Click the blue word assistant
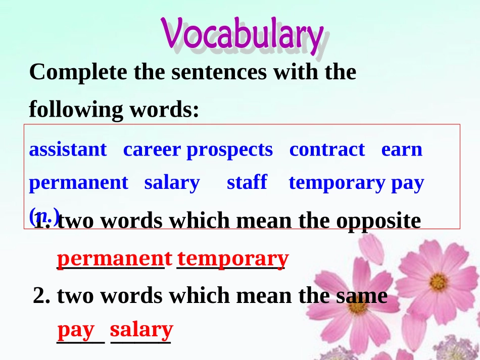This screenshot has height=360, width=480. click(x=68, y=149)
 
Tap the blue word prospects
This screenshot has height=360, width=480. click(x=229, y=150)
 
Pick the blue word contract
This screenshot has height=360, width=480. click(x=326, y=149)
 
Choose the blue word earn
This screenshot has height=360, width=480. click(x=402, y=149)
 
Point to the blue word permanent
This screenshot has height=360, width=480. click(x=78, y=183)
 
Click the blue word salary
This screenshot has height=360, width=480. click(x=172, y=183)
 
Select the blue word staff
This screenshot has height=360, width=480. click(x=247, y=182)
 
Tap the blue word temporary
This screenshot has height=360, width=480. click(x=337, y=183)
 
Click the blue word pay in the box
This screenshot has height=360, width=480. click(x=407, y=183)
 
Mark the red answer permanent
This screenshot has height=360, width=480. click(x=114, y=259)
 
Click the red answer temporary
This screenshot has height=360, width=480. click(x=233, y=259)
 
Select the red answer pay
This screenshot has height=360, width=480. click(x=76, y=330)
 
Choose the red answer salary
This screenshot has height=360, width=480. click(x=141, y=330)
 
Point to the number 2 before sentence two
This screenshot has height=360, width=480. click(x=39, y=295)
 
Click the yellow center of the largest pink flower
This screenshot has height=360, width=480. click(x=438, y=280)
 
